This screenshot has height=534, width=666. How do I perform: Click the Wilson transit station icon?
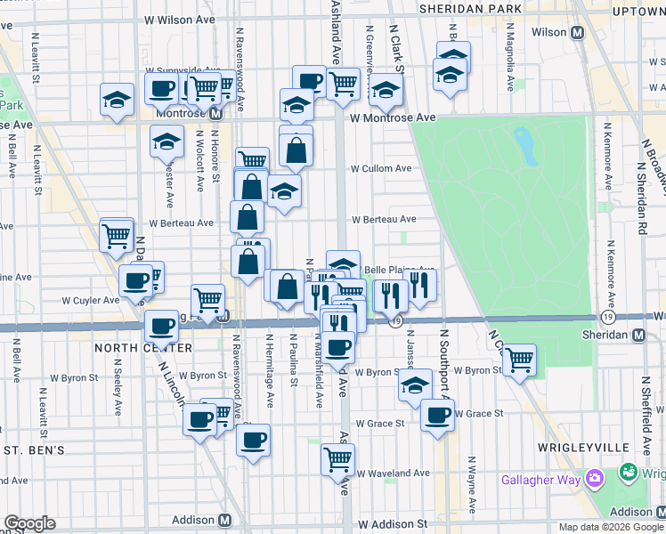(x=577, y=33)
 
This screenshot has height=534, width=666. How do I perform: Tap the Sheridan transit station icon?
(x=638, y=335)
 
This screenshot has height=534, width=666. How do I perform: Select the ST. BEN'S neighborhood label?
(x=33, y=450)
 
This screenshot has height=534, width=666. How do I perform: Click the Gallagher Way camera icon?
(x=595, y=481)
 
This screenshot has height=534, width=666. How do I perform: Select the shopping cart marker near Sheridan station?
(x=518, y=360)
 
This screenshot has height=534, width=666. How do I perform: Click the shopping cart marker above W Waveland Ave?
(x=338, y=459)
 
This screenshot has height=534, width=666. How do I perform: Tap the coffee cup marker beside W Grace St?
(x=436, y=415)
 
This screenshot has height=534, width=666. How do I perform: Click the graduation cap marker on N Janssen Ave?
(x=414, y=384)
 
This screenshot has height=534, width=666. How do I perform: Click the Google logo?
(x=29, y=523)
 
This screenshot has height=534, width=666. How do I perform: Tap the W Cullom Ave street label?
(x=381, y=168)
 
